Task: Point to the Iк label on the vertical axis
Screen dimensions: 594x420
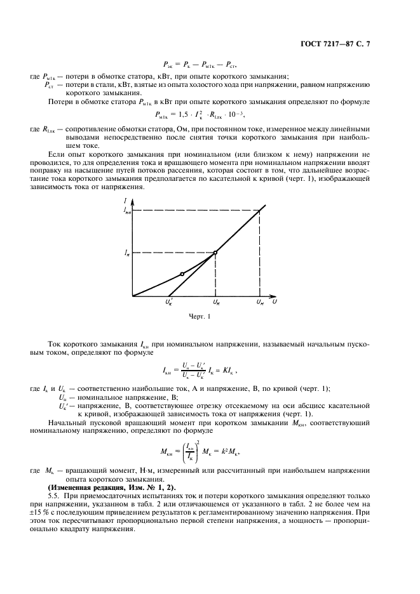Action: (x=126, y=253)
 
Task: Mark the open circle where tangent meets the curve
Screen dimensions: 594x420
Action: (x=215, y=253)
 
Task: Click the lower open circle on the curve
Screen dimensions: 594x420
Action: (x=182, y=274)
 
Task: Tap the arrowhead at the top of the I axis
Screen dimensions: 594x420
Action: (x=132, y=202)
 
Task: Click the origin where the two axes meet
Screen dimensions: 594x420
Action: (x=132, y=296)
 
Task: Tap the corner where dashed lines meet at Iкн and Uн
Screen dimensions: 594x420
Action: (x=259, y=210)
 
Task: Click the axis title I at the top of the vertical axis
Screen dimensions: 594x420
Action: (x=126, y=201)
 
